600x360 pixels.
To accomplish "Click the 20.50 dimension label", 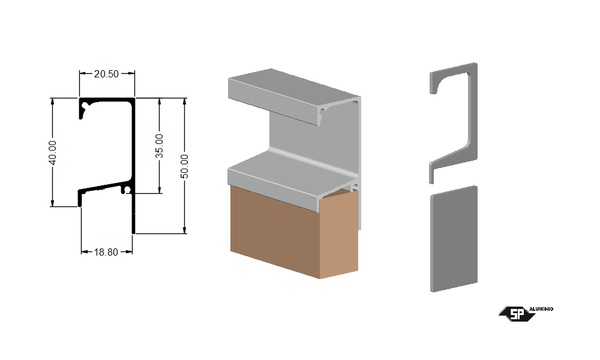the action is (x=106, y=74).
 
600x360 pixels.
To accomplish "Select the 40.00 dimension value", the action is (x=53, y=152).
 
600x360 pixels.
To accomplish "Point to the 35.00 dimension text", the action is (x=159, y=146).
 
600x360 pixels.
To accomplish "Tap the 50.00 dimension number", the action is (x=184, y=166).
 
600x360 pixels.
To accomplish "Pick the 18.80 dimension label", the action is (x=106, y=252).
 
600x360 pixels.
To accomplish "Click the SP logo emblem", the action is (x=517, y=314).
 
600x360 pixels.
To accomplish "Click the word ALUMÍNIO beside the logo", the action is (x=541, y=309).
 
